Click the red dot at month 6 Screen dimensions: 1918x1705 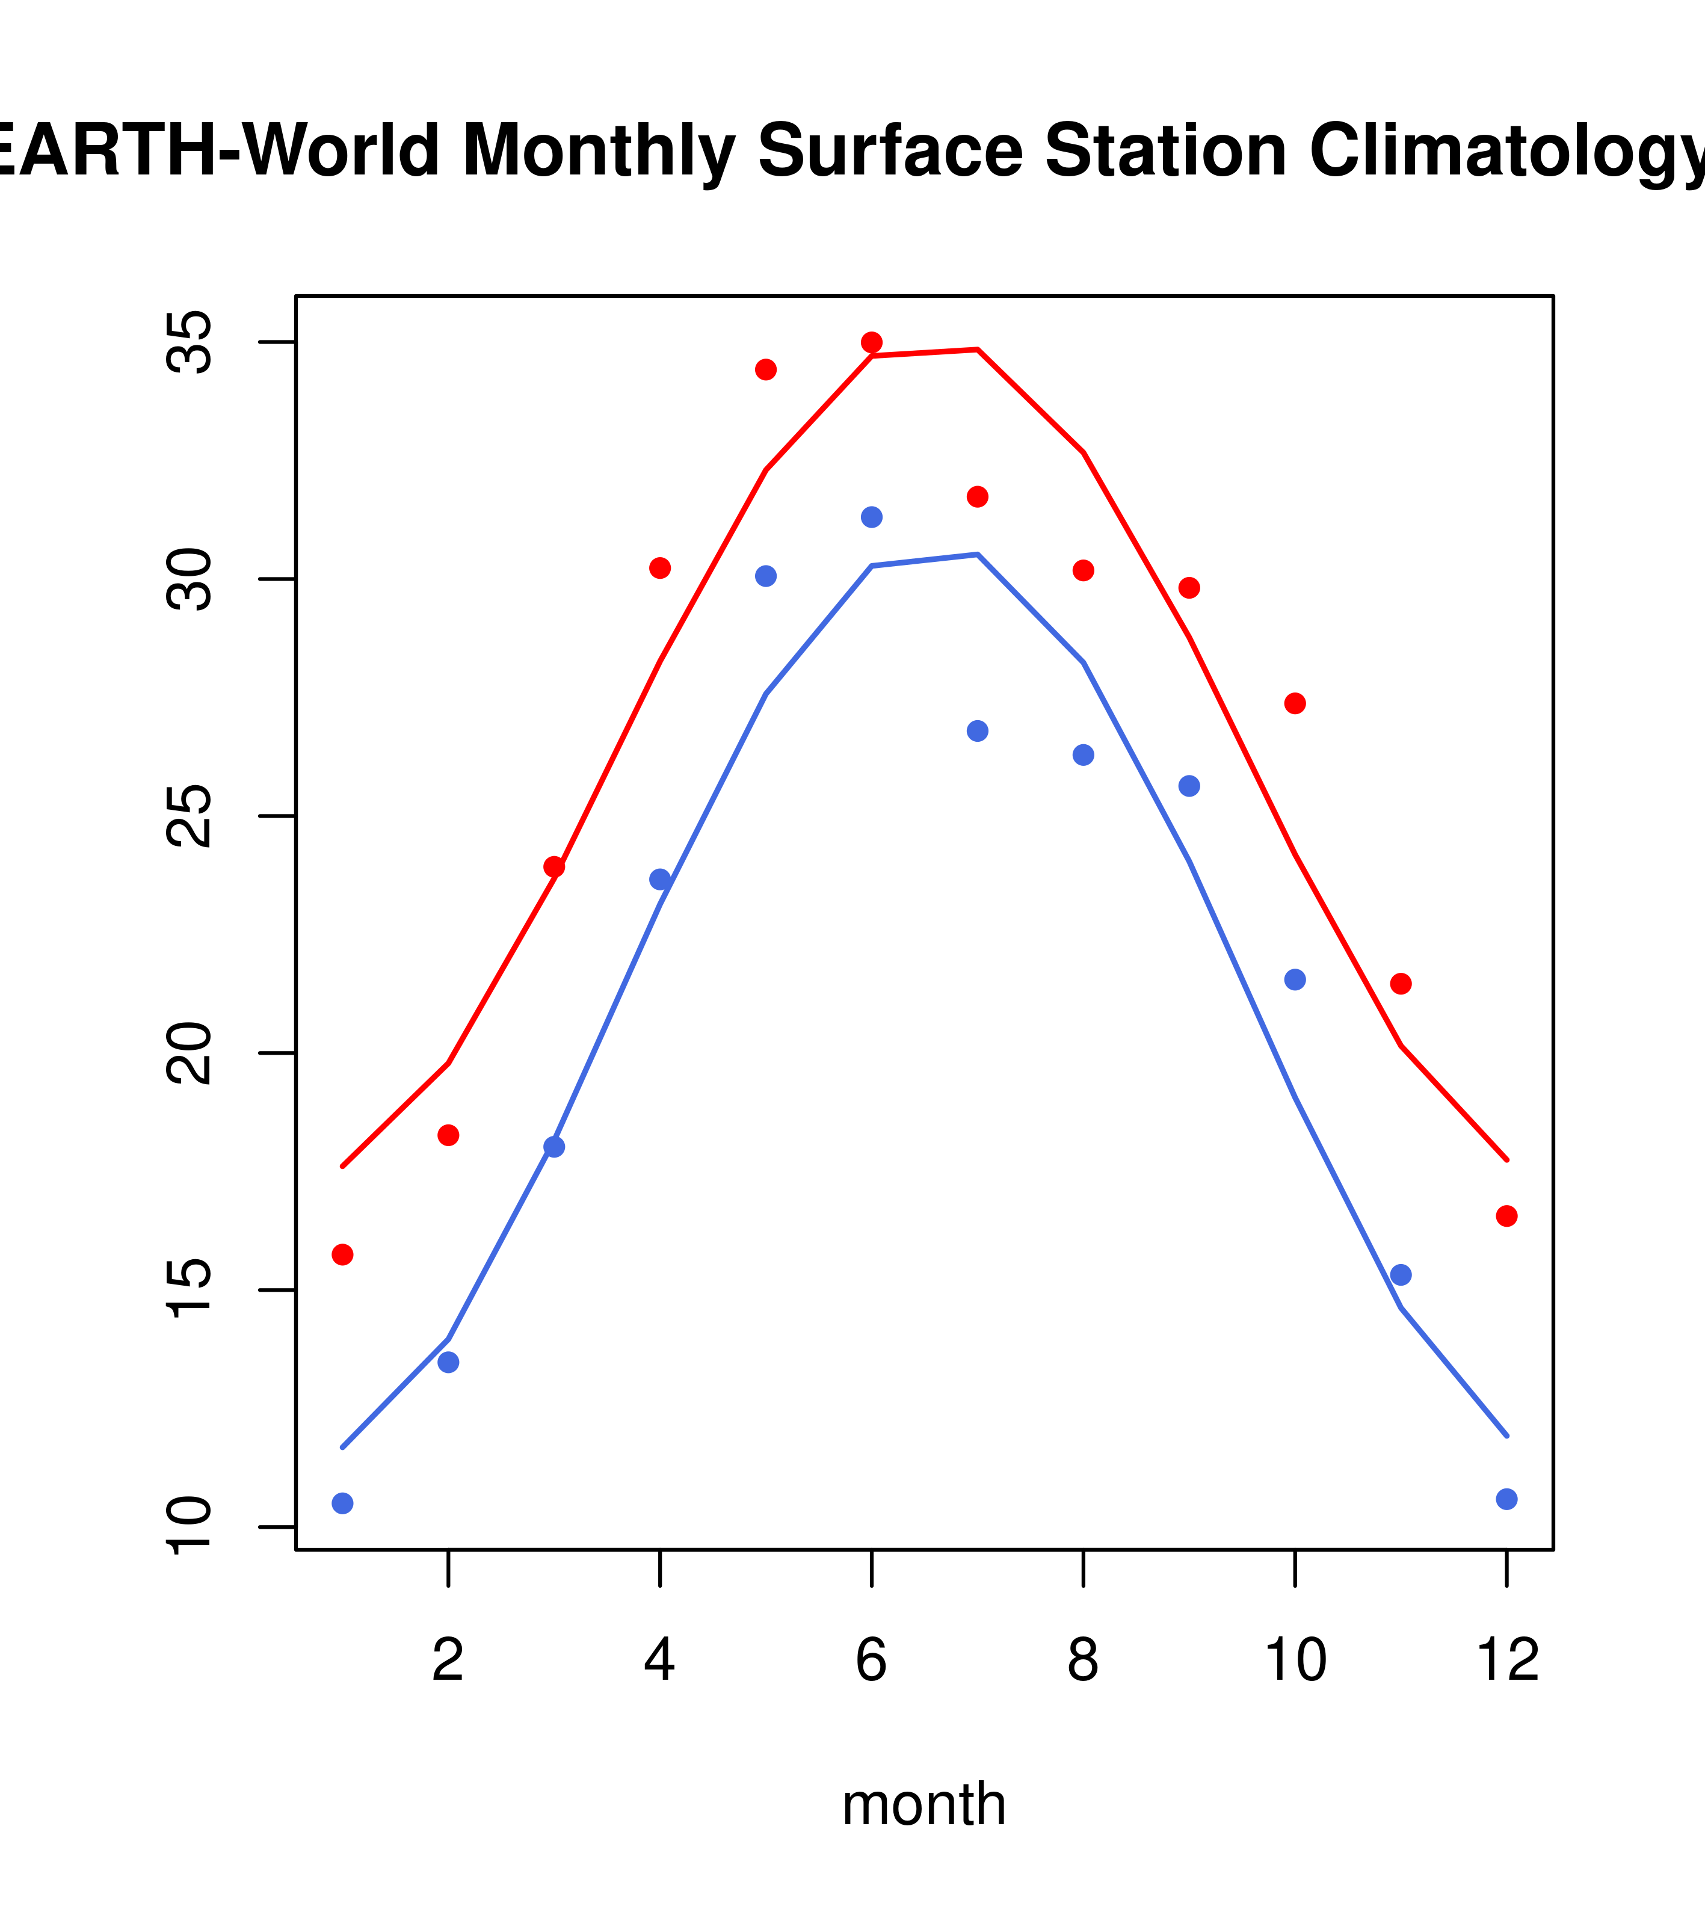click(872, 342)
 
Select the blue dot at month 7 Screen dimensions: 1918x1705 click(978, 731)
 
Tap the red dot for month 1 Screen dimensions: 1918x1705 click(342, 1254)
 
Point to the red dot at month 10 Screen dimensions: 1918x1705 click(1295, 704)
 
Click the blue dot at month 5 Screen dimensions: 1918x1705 click(766, 576)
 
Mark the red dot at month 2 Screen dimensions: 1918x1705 click(449, 1135)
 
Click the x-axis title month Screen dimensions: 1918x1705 click(924, 1804)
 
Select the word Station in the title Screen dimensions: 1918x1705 click(1165, 151)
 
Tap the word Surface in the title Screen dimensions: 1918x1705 click(890, 151)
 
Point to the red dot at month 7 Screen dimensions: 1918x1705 click(978, 496)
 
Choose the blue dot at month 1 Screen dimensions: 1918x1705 click(342, 1503)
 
